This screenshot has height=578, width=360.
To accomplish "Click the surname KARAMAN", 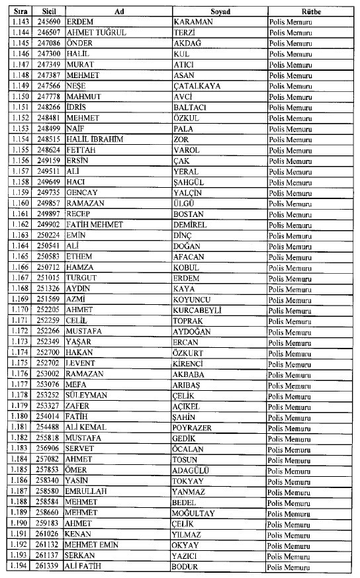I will (192, 22).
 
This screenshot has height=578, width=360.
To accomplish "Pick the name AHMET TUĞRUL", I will (97, 32).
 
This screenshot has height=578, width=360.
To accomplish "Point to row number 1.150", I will (20, 97).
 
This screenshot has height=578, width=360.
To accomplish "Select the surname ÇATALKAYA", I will (199, 86).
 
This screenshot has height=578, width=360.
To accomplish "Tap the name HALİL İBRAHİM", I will (95, 140).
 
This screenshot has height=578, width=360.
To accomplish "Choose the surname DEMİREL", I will (190, 225).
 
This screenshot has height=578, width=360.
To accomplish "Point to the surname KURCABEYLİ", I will (197, 310).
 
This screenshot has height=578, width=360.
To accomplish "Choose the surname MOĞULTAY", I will (195, 513).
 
